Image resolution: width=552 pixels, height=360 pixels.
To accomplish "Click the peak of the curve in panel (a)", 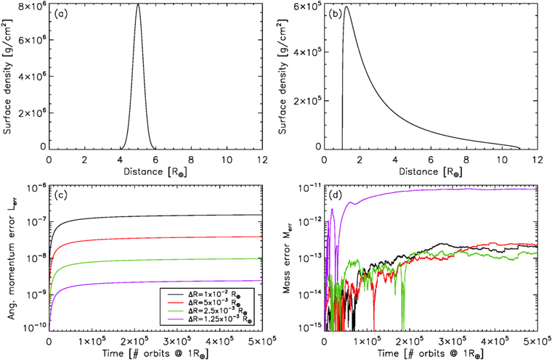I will (x=138, y=4).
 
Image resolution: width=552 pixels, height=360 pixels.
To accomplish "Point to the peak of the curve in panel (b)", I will (x=346, y=7).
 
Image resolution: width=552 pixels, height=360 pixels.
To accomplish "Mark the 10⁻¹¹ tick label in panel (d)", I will (x=308, y=188).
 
